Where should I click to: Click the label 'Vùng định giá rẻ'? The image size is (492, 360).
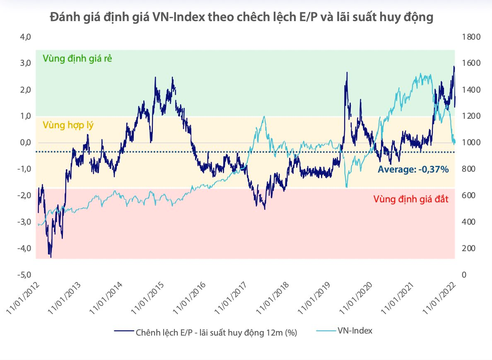pyautogui.click(x=77, y=58)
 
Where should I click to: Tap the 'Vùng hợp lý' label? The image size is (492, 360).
pyautogui.click(x=69, y=124)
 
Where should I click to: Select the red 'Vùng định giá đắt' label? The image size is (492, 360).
pyautogui.click(x=411, y=199)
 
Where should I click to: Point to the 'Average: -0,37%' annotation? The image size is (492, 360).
pyautogui.click(x=413, y=169)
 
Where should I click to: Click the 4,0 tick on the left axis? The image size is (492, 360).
pyautogui.click(x=26, y=37)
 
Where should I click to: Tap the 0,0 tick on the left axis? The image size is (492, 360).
pyautogui.click(x=26, y=143)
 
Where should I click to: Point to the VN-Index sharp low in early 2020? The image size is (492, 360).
pyautogui.click(x=346, y=187)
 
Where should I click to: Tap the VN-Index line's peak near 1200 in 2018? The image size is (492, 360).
pyautogui.click(x=264, y=117)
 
